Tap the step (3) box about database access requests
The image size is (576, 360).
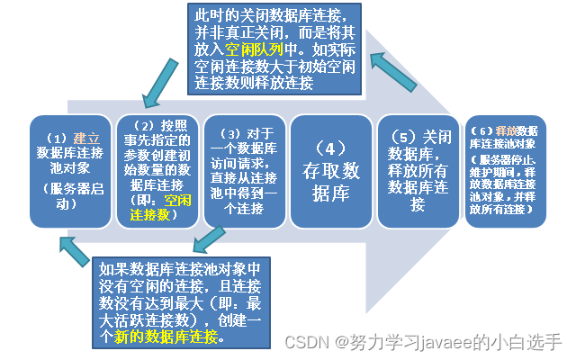[241, 171]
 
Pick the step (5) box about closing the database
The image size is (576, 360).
[416, 171]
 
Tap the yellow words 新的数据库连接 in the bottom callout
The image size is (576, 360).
[166, 337]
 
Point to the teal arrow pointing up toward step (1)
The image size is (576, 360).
[75, 251]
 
